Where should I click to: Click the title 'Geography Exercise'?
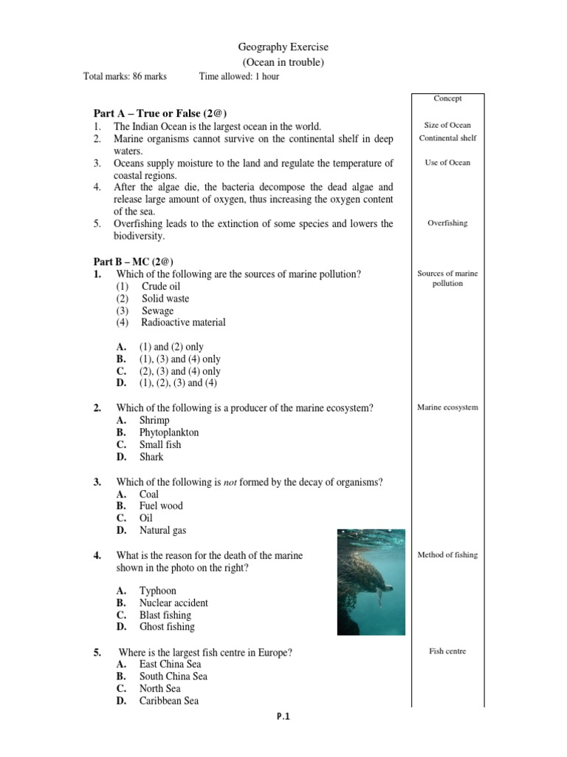click(283, 47)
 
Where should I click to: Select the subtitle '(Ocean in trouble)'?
click(283, 62)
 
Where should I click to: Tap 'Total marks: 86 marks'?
click(125, 76)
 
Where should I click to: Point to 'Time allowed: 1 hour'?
click(239, 76)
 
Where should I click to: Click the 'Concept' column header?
click(447, 98)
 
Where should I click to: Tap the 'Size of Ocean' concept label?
click(447, 125)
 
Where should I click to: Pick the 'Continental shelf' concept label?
click(447, 138)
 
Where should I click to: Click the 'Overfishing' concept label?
click(447, 223)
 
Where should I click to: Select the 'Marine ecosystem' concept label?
click(447, 407)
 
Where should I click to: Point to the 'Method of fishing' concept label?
click(447, 554)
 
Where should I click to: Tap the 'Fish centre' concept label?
click(447, 651)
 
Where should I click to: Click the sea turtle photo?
click(371, 582)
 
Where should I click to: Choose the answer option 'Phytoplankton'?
click(168, 432)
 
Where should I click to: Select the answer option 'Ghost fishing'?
click(167, 627)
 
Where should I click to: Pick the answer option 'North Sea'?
click(159, 688)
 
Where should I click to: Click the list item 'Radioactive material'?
click(183, 322)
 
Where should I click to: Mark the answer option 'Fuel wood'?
click(161, 506)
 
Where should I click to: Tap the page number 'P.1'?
click(283, 716)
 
